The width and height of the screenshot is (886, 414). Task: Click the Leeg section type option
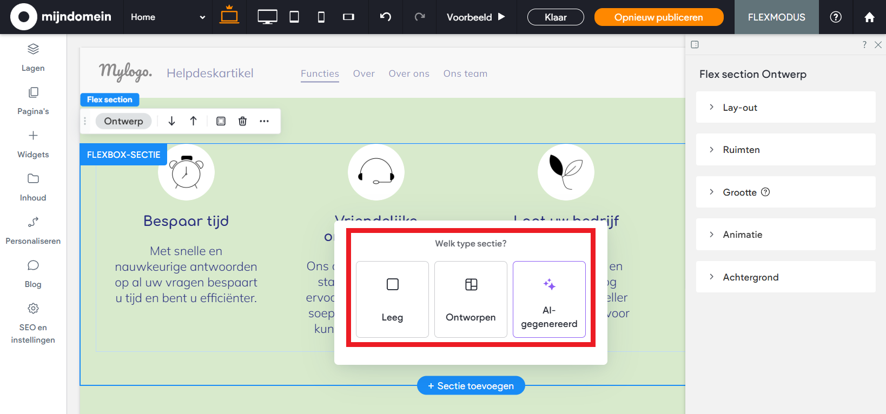coord(392,299)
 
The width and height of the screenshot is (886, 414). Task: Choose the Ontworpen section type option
coord(471,299)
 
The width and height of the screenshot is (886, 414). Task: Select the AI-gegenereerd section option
coord(549,299)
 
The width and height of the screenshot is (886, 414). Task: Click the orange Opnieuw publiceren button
coord(658,17)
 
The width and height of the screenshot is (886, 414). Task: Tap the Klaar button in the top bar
coord(556,17)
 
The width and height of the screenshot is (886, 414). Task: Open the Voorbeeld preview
coord(475,17)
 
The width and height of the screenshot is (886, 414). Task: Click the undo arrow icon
coord(386,17)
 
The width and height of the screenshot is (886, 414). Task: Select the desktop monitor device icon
coord(267,17)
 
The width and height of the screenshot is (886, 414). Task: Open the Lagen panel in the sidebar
coord(33,57)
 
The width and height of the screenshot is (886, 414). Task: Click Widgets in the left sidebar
coord(33,144)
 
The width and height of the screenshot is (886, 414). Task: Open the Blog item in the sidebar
coord(33,273)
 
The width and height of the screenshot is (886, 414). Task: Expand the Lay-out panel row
coord(785,108)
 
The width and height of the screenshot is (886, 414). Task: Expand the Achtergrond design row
coord(785,277)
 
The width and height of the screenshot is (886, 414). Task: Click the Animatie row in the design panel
coord(785,235)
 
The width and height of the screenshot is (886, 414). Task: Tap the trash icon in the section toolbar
coord(242,121)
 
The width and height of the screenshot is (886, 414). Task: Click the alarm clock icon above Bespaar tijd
coord(186,172)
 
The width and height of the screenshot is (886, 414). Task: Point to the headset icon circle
coord(376,172)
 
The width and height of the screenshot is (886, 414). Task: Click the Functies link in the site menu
coord(320,74)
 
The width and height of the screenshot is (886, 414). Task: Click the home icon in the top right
coord(869,17)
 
